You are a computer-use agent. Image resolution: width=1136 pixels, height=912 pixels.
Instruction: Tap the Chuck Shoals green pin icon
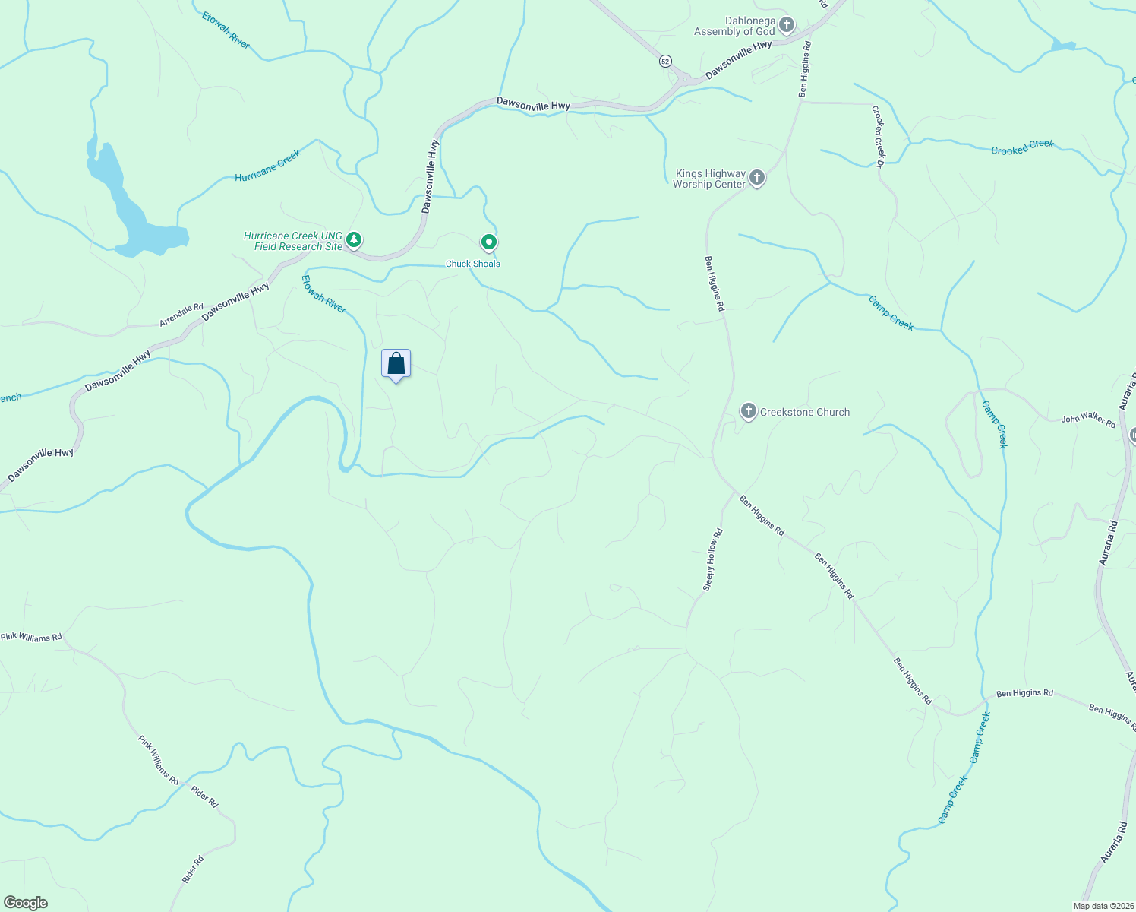point(489,242)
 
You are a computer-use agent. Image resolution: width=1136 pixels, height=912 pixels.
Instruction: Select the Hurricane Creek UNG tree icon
point(353,240)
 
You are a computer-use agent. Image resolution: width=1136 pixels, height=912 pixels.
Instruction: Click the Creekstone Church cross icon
point(748,412)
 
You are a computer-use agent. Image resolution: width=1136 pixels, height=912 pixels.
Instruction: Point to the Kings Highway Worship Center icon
point(756,178)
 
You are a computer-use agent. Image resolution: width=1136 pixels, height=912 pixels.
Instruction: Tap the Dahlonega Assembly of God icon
point(787,26)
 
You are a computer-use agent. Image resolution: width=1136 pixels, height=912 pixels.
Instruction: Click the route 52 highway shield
point(665,61)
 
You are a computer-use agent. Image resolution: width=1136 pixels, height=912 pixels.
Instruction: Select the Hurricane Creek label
point(268,166)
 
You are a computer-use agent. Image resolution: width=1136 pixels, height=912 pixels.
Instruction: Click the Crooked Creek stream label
point(1022,147)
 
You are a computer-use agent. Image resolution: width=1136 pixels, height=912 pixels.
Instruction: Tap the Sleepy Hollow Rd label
point(712,560)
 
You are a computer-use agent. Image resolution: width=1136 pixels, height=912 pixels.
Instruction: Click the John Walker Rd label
point(1088,420)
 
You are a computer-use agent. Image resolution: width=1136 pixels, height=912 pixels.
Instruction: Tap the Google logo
point(26,903)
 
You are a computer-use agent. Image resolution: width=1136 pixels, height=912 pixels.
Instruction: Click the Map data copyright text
point(1102,906)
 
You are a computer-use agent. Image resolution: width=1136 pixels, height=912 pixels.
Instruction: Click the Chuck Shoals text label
point(472,264)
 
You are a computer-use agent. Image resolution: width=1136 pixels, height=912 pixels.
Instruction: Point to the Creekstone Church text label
point(805,412)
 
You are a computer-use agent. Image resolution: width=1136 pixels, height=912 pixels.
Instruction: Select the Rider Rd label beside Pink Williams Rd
point(204,796)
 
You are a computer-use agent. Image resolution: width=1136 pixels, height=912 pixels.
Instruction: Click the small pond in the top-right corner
point(1062,46)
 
